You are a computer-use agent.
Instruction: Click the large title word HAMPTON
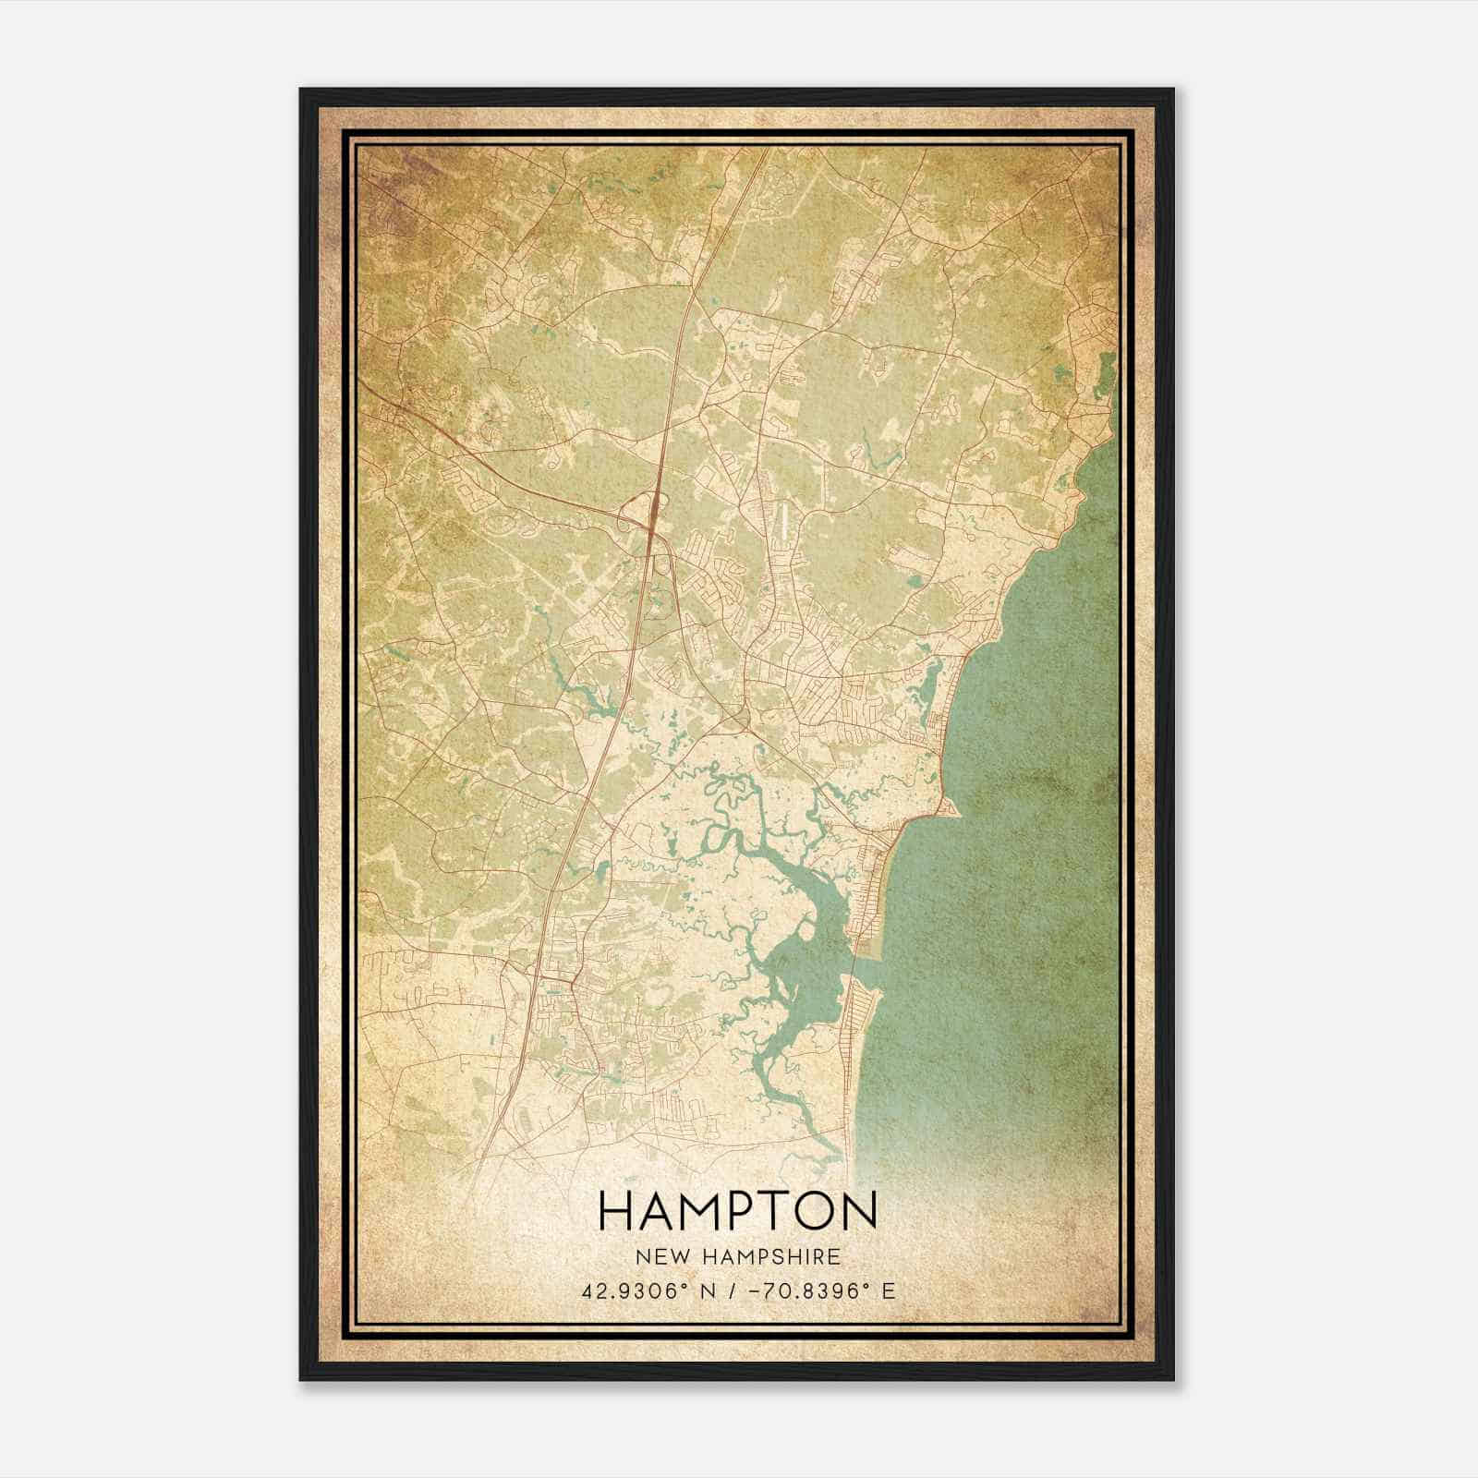click(x=737, y=1210)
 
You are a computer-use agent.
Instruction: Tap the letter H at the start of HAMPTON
click(x=616, y=1210)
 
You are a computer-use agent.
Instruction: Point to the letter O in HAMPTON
click(x=817, y=1210)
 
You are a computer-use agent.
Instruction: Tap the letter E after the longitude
click(x=889, y=1291)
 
